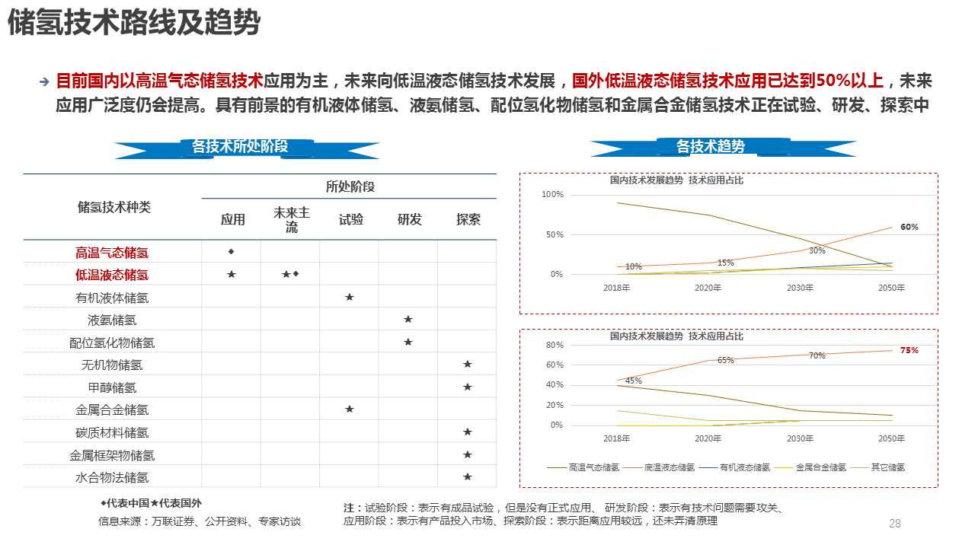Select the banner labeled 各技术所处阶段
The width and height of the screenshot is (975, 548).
(240, 146)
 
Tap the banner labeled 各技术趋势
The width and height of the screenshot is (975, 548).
(710, 146)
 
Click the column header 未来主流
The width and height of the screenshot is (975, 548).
(292, 219)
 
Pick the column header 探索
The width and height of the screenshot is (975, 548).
(468, 219)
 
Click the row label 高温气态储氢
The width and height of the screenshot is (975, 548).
(112, 253)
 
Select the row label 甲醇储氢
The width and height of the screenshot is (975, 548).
(112, 387)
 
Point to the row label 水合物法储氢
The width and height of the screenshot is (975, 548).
(112, 478)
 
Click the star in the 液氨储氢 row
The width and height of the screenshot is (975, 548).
(408, 320)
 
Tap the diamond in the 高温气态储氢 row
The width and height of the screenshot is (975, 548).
(232, 251)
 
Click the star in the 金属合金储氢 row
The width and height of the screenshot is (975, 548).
(350, 409)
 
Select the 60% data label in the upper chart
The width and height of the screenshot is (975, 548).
(909, 227)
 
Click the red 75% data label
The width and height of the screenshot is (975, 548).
(909, 351)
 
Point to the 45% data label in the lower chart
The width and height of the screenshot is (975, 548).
(634, 381)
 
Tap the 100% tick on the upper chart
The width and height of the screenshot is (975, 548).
(552, 195)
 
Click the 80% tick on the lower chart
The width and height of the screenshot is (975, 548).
(555, 346)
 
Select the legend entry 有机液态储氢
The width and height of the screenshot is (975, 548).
(745, 467)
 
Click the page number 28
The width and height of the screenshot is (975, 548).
(895, 523)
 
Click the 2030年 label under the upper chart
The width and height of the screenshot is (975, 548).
(800, 288)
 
